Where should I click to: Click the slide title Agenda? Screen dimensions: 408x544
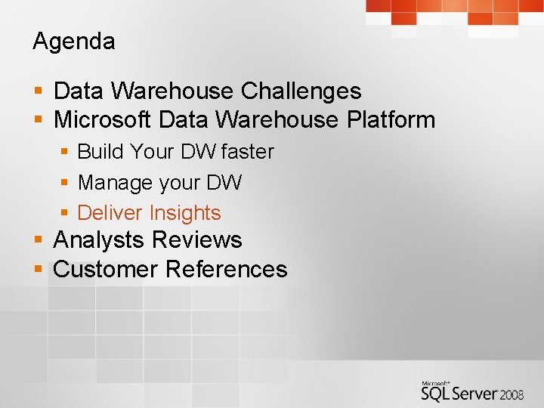coord(74,42)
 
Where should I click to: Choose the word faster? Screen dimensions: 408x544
coord(248,152)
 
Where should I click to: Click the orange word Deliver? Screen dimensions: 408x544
coord(110,213)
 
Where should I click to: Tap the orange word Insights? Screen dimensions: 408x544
coord(185,213)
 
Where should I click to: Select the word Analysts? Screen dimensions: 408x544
coord(98,240)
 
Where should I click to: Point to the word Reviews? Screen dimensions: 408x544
coord(196,240)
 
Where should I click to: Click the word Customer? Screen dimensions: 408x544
coord(106,270)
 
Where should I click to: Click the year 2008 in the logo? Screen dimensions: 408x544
coord(512,394)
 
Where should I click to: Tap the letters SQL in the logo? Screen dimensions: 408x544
coord(437,393)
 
